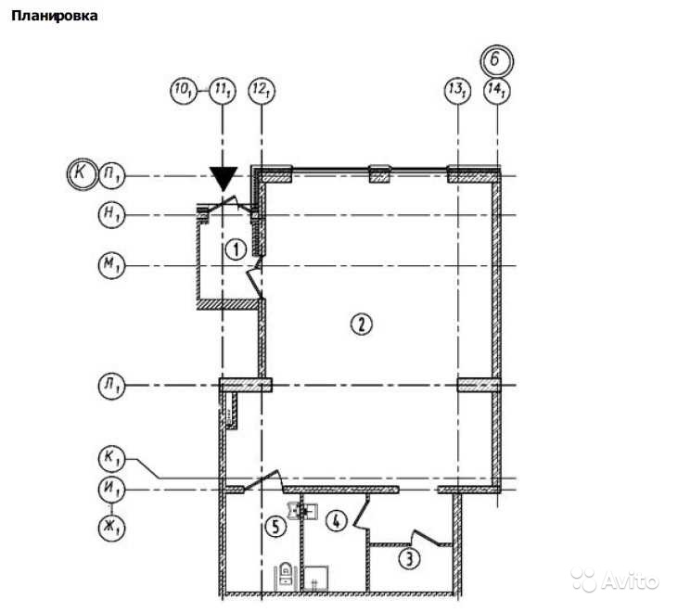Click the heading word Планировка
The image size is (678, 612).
(54, 16)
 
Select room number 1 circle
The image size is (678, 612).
(237, 249)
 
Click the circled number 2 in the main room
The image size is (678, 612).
(361, 324)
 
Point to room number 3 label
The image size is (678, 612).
(409, 559)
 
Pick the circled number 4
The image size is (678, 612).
(337, 520)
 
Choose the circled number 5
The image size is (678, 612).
(275, 527)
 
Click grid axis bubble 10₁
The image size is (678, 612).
(184, 91)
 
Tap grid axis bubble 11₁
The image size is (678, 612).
(223, 91)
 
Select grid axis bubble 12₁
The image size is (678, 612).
(262, 91)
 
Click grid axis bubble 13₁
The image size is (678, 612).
(457, 91)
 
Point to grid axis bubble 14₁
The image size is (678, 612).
(497, 91)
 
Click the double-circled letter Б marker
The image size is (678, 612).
(496, 60)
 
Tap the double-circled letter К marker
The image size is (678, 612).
(82, 174)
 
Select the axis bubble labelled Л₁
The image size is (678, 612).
(111, 386)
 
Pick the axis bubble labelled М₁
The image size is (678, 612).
(111, 265)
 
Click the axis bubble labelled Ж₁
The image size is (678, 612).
(111, 528)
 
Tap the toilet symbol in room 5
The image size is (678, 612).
(286, 574)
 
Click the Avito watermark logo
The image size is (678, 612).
(615, 580)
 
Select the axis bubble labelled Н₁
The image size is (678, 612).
(111, 215)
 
